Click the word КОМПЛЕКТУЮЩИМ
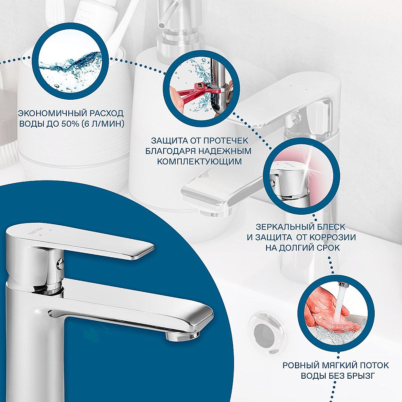pyautogui.click(x=199, y=162)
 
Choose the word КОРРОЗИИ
pyautogui.click(x=332, y=237)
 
